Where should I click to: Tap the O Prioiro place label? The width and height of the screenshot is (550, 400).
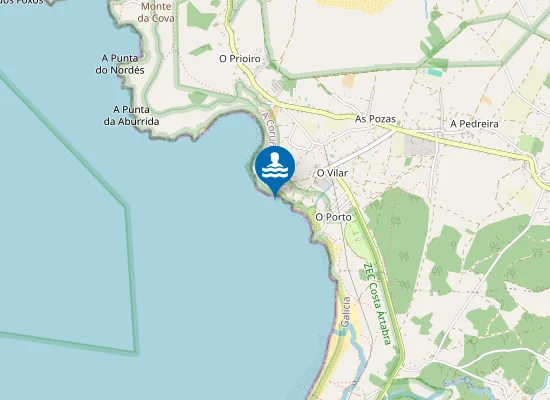[240, 59]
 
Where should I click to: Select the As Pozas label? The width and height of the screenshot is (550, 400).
[376, 119]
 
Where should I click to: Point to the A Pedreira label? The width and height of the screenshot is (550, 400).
[474, 124]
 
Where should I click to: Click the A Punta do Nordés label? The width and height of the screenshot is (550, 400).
[121, 64]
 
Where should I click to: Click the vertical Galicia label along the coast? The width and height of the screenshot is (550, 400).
[345, 312]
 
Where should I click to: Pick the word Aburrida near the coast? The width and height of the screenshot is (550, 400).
[137, 121]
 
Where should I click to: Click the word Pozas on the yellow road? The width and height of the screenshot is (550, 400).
[382, 119]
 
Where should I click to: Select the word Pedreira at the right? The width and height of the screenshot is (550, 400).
[479, 124]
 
